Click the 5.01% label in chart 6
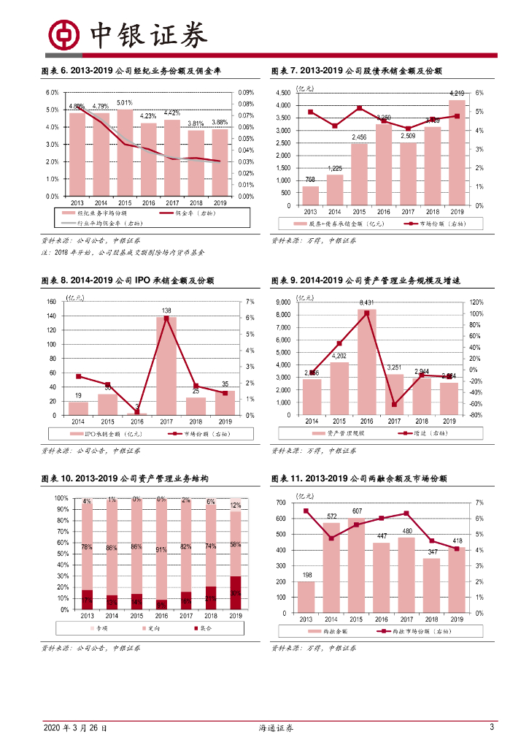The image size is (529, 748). tap(124, 103)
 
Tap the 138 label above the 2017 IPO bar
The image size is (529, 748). tap(166, 311)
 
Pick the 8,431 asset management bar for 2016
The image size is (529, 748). tap(366, 362)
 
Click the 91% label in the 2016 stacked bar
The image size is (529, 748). tap(161, 550)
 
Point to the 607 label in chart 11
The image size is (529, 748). tap(358, 511)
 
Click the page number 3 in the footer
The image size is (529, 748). tap(492, 728)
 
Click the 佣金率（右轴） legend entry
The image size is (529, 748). tap(188, 213)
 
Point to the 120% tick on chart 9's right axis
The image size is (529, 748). tap(475, 302)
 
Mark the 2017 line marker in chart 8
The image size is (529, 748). tap(166, 318)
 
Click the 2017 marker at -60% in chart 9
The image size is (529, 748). tap(394, 404)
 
